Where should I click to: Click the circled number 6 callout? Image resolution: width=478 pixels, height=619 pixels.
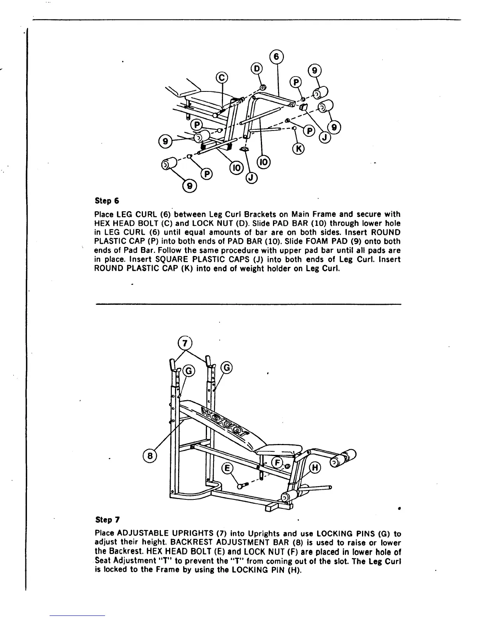click(x=276, y=56)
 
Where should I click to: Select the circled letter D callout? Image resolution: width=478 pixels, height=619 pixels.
click(x=257, y=69)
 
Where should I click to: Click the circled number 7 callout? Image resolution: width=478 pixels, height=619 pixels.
click(x=185, y=343)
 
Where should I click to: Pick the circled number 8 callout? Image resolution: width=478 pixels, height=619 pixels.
click(x=150, y=455)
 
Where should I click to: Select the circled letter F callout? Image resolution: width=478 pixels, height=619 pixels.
click(x=278, y=462)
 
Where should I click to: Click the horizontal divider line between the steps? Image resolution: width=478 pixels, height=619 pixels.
click(x=248, y=304)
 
